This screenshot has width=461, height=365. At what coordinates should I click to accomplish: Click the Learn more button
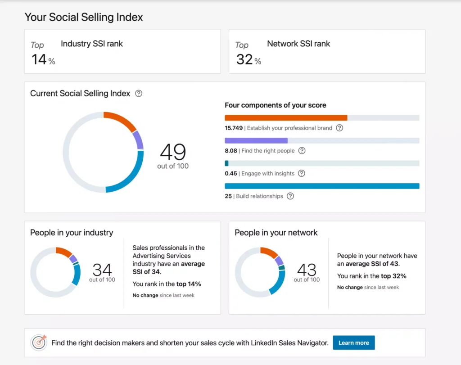(354, 342)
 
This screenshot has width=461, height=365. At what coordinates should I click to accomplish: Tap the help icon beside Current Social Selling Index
(139, 94)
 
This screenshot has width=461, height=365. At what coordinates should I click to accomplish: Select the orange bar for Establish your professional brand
(286, 118)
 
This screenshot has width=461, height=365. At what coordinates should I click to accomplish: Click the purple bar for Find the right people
(256, 140)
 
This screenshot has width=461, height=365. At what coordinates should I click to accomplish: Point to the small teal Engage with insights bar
(227, 163)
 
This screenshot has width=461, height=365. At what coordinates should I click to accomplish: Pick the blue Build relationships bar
(322, 186)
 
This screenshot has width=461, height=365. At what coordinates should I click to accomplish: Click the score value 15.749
(234, 128)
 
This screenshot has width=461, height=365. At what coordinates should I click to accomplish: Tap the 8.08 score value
(231, 151)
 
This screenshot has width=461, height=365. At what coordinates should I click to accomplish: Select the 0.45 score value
(231, 173)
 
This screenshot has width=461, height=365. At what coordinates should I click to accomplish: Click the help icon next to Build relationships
(290, 196)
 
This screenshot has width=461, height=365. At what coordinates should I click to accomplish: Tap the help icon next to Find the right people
(302, 151)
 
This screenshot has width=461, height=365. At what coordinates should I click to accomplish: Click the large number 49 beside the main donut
(173, 152)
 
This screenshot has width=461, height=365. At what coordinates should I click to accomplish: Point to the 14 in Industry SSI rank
(39, 59)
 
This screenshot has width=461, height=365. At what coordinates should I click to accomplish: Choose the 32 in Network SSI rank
(244, 59)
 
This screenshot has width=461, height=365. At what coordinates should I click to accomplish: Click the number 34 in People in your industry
(102, 270)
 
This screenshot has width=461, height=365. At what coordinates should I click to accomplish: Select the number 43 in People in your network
(307, 270)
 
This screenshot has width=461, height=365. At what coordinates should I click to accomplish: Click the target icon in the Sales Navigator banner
(39, 342)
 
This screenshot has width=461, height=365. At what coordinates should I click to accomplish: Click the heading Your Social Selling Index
(84, 17)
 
